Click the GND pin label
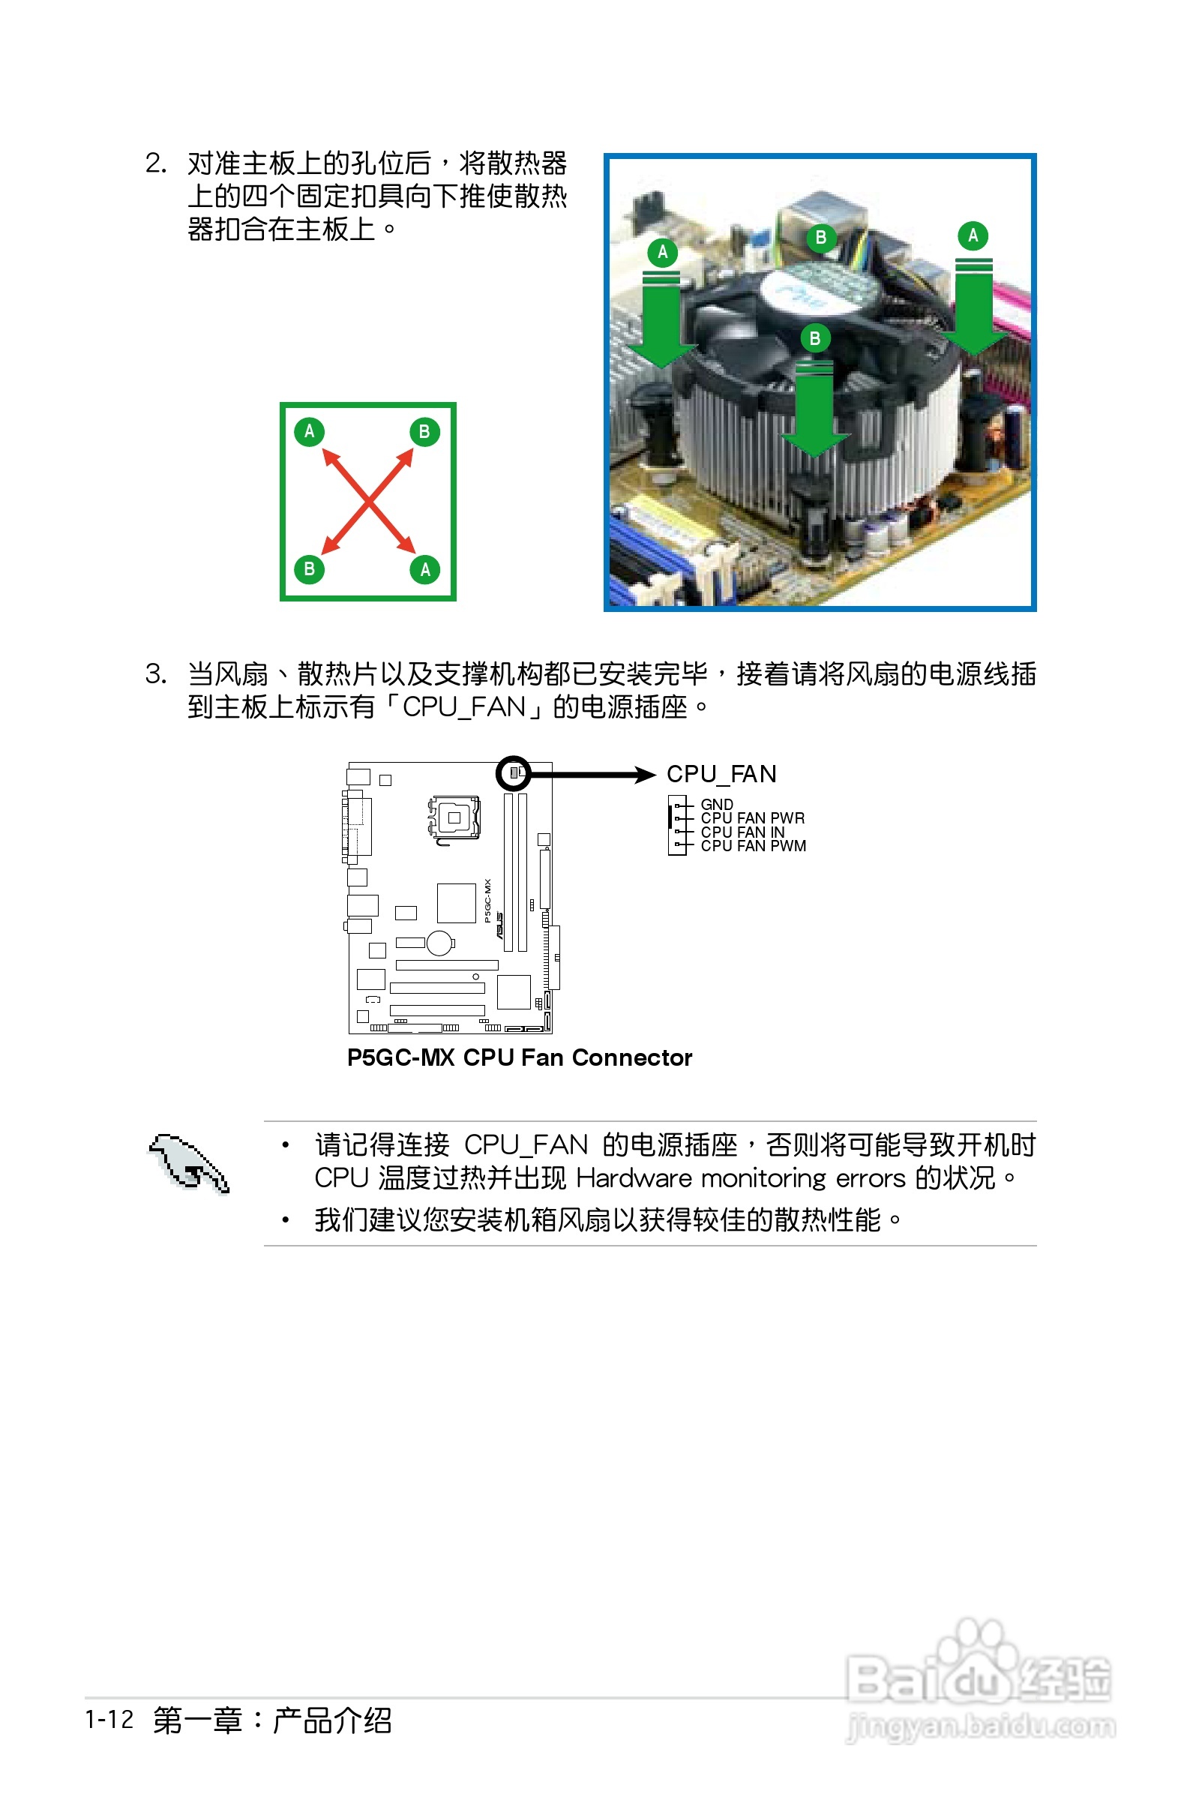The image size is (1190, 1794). [716, 804]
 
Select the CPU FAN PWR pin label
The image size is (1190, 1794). [752, 818]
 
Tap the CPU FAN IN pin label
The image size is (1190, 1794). [742, 832]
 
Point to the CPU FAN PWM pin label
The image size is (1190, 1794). [753, 845]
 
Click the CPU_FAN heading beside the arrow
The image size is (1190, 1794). [721, 774]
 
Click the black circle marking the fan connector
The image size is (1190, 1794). [514, 773]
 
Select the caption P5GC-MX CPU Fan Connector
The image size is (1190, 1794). [519, 1057]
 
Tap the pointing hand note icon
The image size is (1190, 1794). [188, 1163]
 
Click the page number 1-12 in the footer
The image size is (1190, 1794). [109, 1719]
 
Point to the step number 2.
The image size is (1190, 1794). [154, 163]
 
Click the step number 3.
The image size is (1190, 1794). [154, 674]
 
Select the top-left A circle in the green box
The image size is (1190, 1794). [309, 432]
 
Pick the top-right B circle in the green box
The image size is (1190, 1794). [424, 432]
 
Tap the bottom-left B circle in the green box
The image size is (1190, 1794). [309, 569]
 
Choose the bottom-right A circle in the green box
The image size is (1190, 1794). [425, 569]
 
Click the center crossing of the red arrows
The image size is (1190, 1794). [368, 501]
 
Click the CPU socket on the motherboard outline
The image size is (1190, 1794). [454, 817]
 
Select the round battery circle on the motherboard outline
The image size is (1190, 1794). [440, 943]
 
